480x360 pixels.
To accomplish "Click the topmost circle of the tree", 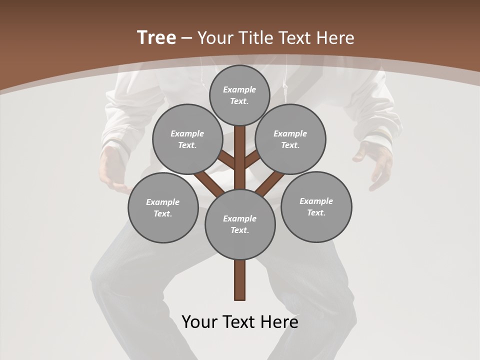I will click(x=239, y=95).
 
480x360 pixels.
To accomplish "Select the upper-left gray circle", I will click(x=187, y=139).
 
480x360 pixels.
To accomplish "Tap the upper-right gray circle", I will click(x=290, y=139).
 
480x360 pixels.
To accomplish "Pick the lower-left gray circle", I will click(x=163, y=207).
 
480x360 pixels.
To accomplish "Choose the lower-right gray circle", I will click(x=316, y=206).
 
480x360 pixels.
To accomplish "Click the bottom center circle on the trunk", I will click(x=240, y=224).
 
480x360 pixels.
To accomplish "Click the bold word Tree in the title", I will click(x=156, y=37).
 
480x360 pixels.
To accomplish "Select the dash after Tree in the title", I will click(x=186, y=38).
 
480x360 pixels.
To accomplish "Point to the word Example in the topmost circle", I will click(x=239, y=89).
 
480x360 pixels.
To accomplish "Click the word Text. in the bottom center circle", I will click(x=239, y=230).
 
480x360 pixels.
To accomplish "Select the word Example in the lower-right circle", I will click(x=316, y=201).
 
